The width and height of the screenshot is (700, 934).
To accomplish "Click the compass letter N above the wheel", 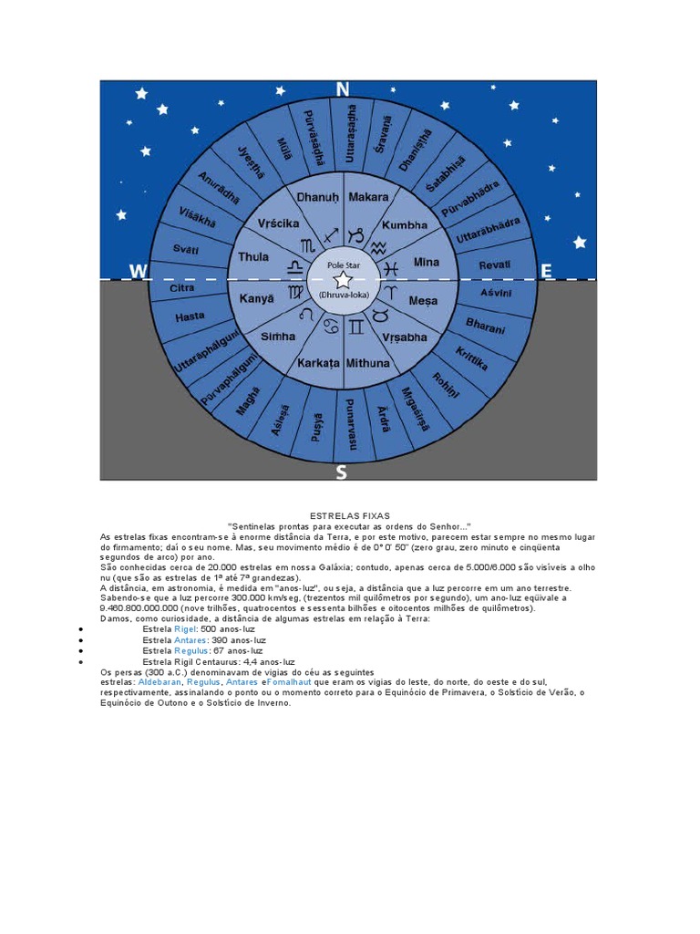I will (343, 88).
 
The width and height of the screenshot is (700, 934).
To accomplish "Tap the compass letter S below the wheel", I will (341, 472).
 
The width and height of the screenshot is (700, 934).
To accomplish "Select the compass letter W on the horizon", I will (138, 271).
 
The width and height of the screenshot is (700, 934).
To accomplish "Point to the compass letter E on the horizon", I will (547, 270).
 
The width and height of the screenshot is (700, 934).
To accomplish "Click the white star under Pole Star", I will (343, 280).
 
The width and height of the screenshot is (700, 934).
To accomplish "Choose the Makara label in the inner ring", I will (368, 196).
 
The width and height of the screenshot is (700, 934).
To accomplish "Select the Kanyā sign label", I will (255, 298).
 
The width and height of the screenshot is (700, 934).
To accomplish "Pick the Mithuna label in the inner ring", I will (367, 363).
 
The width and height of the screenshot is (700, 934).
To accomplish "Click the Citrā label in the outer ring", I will (182, 288).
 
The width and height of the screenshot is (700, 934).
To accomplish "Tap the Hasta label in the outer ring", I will (190, 317).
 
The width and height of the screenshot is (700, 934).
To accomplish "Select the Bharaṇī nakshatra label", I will (485, 325).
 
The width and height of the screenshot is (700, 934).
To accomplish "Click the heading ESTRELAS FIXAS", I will (350, 516).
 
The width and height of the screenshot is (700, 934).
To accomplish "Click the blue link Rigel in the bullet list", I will (185, 629).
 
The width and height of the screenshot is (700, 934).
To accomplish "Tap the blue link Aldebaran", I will (159, 682).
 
